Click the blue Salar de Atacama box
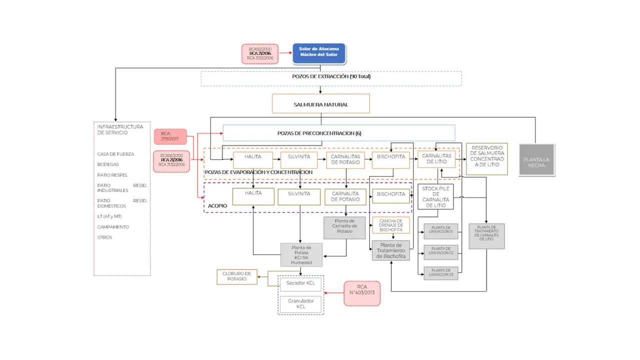[319, 53]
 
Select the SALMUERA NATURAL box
[321, 104]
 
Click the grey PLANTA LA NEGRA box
[536, 160]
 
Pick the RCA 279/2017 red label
[170, 137]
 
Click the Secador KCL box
[300, 283]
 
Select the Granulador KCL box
[300, 304]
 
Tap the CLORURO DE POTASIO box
[237, 276]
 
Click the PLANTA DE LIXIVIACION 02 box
[441, 251]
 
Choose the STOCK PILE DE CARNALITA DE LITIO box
[435, 197]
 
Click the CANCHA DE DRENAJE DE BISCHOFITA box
[391, 225]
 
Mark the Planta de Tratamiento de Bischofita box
[391, 251]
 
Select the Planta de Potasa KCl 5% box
[301, 255]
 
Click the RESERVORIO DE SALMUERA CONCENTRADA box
[487, 159]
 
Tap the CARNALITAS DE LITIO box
[436, 159]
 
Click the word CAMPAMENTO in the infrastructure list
[113, 227]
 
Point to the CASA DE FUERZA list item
[116, 154]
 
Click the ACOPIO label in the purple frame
[218, 206]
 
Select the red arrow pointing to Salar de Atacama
[285, 52]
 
